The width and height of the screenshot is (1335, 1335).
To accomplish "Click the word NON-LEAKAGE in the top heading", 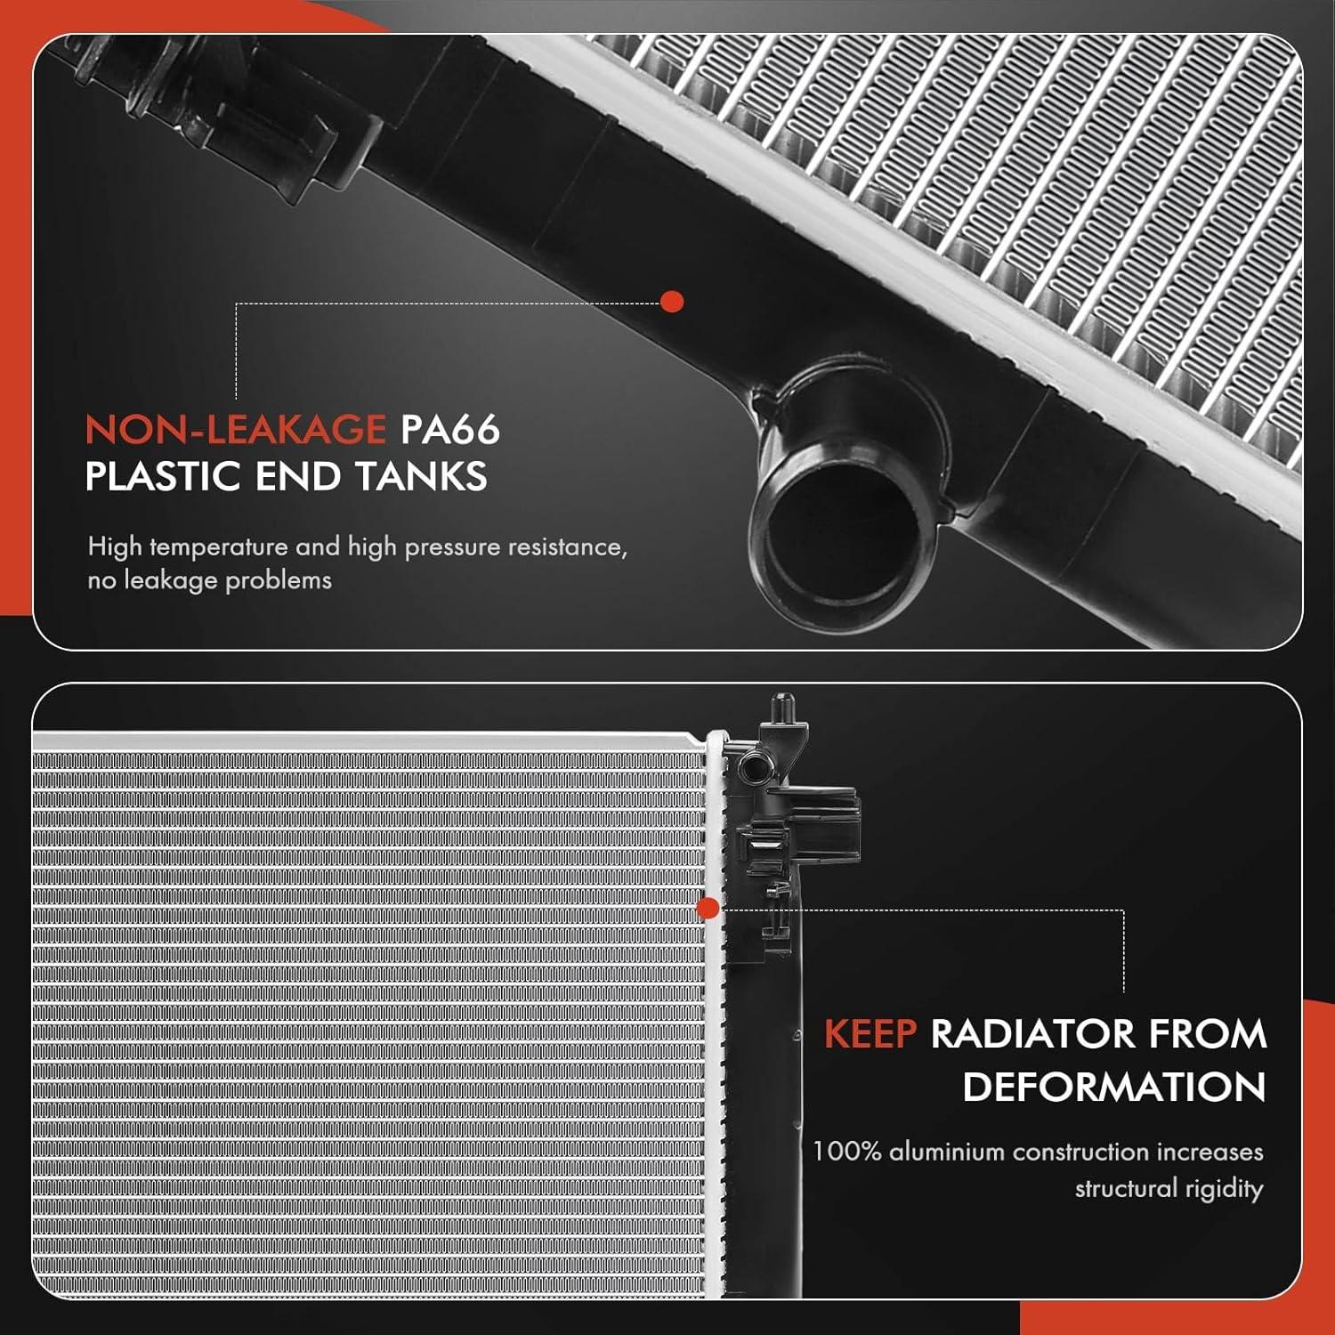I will pyautogui.click(x=235, y=430).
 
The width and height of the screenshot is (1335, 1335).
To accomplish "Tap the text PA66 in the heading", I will pyautogui.click(x=449, y=430).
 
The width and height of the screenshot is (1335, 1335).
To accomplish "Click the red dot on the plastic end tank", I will pyautogui.click(x=673, y=302).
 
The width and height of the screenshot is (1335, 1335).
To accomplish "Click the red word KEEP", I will pyautogui.click(x=870, y=1034).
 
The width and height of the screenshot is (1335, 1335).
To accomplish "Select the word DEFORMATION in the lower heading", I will pyautogui.click(x=1113, y=1088).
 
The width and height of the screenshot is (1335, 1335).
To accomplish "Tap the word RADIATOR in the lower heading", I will pyautogui.click(x=1033, y=1034).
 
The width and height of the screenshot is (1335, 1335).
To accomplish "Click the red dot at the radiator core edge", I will pyautogui.click(x=708, y=909).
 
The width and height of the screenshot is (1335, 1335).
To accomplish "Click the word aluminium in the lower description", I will pyautogui.click(x=946, y=1152).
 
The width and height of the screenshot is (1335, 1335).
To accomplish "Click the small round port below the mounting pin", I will pyautogui.click(x=749, y=765).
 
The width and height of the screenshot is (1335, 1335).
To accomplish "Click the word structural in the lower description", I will pyautogui.click(x=1124, y=1189).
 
